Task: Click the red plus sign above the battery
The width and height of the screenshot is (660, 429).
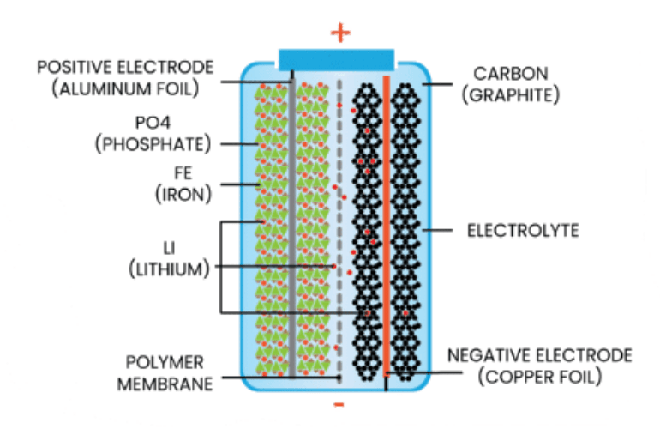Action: coord(340,33)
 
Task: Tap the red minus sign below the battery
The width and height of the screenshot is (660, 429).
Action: coord(339,405)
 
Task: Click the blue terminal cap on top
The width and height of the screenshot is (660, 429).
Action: coord(336,59)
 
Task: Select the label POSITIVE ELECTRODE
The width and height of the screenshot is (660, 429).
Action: coord(125,68)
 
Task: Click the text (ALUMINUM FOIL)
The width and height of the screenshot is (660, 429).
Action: coord(125,89)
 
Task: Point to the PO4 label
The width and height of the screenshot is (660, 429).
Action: coord(153,123)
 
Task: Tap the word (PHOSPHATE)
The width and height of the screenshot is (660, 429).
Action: coord(153,144)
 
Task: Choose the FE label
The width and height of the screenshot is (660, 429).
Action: coord(183,173)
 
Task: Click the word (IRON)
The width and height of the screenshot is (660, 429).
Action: coord(183,195)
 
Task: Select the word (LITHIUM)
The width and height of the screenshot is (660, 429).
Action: coord(169,269)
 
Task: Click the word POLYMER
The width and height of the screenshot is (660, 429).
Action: coord(165,362)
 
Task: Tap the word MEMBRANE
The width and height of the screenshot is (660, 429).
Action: coord(165,384)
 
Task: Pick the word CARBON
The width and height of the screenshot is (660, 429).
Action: coord(511,74)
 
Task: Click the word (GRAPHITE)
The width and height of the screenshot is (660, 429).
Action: coord(511,95)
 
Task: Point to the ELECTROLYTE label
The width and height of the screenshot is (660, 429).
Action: coord(523,231)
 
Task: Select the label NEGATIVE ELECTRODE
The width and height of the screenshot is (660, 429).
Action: coord(540,355)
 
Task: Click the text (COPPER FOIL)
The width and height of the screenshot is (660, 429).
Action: coord(540,377)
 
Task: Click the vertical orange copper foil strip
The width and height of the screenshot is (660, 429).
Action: coord(386,227)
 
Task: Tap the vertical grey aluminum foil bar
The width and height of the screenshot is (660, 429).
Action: coord(291,227)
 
